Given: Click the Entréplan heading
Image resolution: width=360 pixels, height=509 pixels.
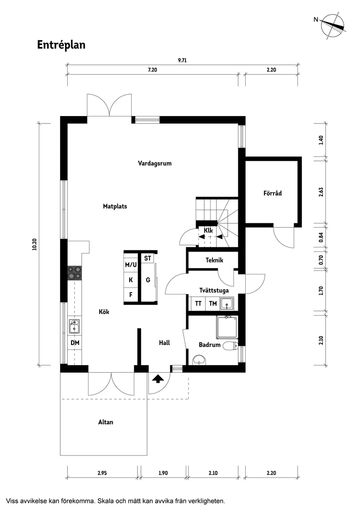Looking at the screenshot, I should [x=61, y=45].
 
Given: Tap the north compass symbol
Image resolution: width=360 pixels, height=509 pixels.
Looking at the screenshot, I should [x=332, y=26].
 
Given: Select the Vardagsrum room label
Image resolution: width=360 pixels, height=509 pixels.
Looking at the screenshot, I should [x=154, y=164].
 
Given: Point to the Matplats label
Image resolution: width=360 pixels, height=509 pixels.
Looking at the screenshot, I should [x=115, y=206].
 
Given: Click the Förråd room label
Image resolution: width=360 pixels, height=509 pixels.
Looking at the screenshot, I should [x=272, y=193].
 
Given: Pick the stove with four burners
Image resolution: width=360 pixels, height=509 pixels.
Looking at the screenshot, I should [x=74, y=273].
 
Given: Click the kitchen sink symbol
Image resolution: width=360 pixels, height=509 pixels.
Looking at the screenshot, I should [x=74, y=327].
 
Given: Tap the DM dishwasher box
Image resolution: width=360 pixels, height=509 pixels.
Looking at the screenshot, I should [x=75, y=343].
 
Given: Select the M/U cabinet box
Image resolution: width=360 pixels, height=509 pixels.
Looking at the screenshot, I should [x=131, y=265].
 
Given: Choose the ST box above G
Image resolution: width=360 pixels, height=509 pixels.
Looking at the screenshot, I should [x=147, y=259].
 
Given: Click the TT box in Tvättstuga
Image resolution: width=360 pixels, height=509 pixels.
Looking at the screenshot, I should [x=198, y=304].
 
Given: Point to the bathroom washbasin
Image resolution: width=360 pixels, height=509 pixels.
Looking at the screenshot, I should [x=200, y=360].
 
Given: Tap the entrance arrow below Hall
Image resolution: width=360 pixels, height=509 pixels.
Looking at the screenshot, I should [x=157, y=379].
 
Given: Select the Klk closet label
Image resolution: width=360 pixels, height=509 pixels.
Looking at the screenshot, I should [x=208, y=230].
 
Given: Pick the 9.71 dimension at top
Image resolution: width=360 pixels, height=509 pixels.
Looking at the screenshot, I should [x=182, y=61].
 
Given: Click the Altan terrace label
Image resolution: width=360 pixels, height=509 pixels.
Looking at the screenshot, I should [x=106, y=422].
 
